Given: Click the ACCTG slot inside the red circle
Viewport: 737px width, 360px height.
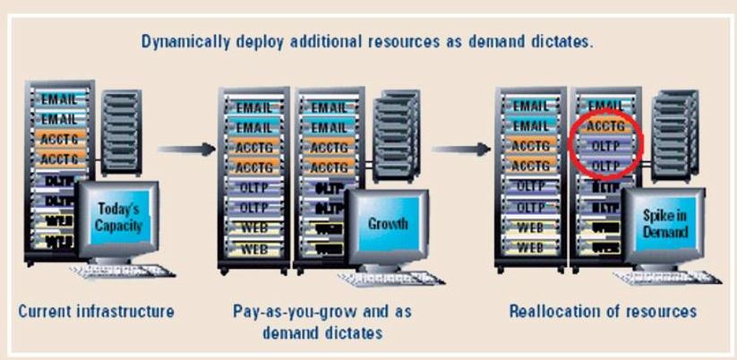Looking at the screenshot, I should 605,126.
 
